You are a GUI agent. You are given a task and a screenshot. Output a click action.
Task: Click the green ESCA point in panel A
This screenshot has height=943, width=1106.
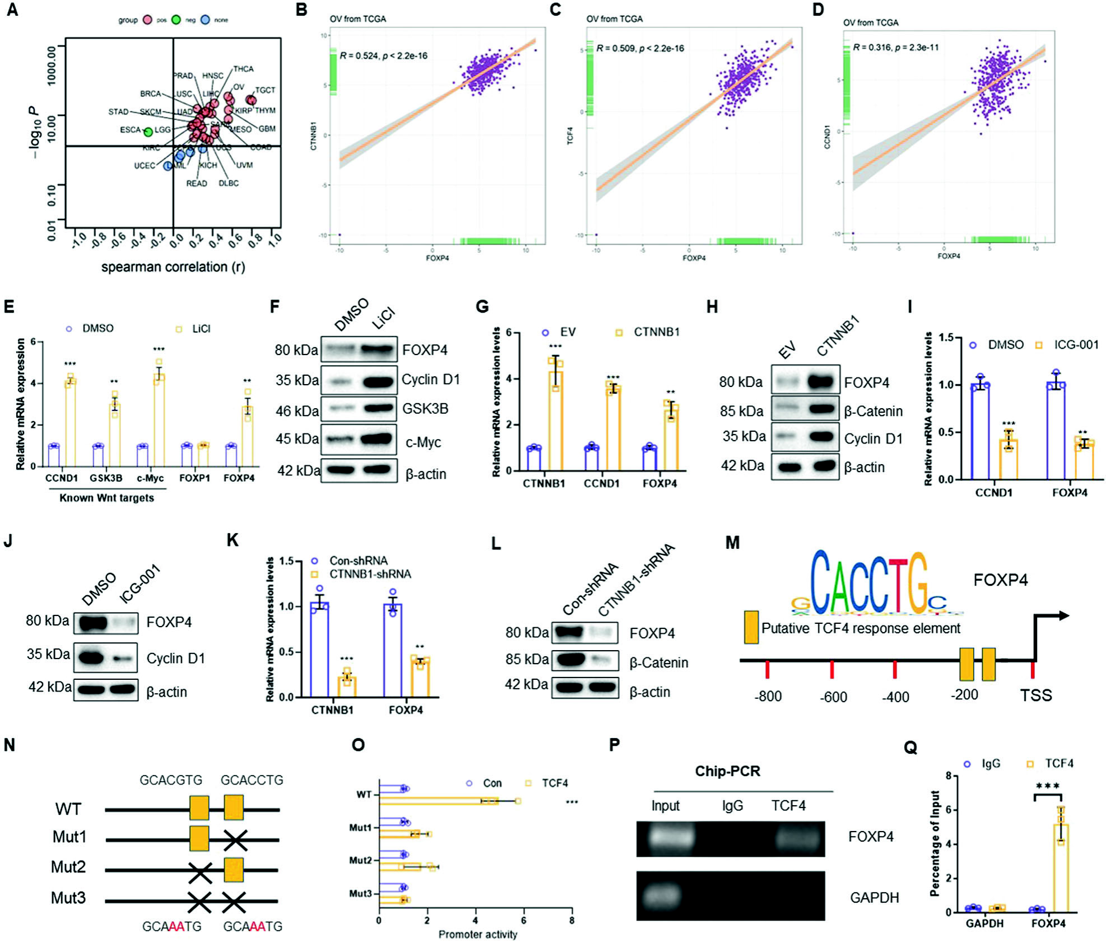[148, 132]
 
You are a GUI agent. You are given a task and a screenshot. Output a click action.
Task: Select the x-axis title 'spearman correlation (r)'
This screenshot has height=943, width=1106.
[173, 267]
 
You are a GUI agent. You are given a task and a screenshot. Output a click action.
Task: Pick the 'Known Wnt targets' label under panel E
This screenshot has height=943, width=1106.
[106, 498]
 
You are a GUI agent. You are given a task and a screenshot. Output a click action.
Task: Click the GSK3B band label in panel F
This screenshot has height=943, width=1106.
[425, 409]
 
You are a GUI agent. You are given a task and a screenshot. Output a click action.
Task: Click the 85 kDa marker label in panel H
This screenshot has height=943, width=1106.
[741, 411]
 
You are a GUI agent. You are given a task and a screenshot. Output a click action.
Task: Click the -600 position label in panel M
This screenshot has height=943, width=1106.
[833, 697]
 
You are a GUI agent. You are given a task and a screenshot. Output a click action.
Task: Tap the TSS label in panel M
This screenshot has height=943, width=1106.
[1035, 695]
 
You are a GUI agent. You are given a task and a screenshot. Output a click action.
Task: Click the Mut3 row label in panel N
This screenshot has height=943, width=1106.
[68, 898]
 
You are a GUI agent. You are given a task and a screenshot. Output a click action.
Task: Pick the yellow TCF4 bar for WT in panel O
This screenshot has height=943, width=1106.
[437, 801]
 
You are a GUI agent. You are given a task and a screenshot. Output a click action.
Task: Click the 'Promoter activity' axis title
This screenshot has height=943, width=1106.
[477, 934]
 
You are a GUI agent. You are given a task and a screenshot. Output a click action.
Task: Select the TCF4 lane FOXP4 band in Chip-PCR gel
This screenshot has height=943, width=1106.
[799, 838]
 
